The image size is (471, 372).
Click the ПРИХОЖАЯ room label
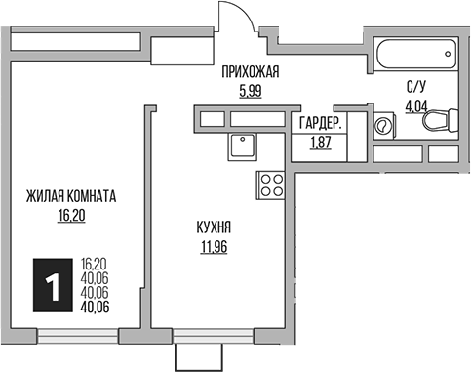251,72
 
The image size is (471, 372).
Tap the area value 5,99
251,92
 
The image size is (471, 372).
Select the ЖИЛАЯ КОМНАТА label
71,196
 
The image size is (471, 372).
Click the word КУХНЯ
214,227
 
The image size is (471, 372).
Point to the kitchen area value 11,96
214,247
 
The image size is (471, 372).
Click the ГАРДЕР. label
321,123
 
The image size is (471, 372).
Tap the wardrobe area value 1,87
321,143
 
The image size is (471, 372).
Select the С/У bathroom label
416,87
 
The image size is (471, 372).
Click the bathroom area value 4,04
415,106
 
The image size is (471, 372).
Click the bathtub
416,54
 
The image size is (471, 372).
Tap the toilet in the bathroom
440,121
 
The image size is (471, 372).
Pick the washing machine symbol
383,125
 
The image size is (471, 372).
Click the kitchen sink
242,146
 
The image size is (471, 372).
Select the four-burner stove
271,186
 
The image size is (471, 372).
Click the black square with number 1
53,285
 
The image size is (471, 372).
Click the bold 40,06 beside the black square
95,308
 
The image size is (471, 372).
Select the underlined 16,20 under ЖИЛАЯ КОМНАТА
71,216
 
